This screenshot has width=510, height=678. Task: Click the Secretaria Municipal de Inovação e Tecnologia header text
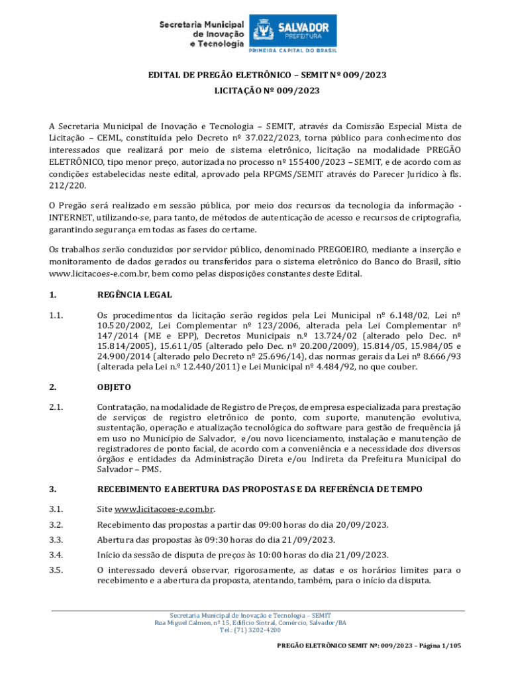[201, 34]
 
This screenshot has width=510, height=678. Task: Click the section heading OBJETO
[114, 387]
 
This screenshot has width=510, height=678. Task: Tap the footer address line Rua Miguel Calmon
[250, 622]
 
